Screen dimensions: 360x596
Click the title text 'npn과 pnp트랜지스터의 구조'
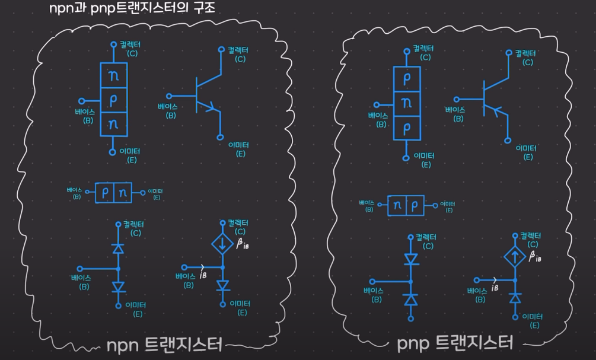click(132, 8)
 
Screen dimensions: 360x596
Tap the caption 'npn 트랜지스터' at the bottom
click(164, 345)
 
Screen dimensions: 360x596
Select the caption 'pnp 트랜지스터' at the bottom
click(454, 343)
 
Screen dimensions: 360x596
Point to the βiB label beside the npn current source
click(243, 244)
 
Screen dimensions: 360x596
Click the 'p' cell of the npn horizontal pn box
click(105, 193)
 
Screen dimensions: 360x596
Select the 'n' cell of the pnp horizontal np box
click(397, 205)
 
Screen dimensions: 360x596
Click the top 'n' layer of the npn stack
click(113, 75)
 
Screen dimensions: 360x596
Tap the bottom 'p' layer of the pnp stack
click(407, 128)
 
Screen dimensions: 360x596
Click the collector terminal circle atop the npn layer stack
click(113, 44)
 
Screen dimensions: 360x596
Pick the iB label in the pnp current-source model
click(495, 288)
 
